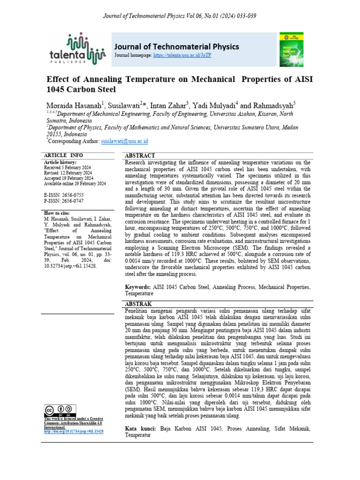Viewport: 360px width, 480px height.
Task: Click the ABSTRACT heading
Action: coord(140,156)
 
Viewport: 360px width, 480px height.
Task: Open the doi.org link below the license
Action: coord(74,431)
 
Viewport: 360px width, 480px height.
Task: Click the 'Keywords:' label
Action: coord(137,286)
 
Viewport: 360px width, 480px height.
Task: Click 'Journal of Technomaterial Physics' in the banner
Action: coord(177,46)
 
